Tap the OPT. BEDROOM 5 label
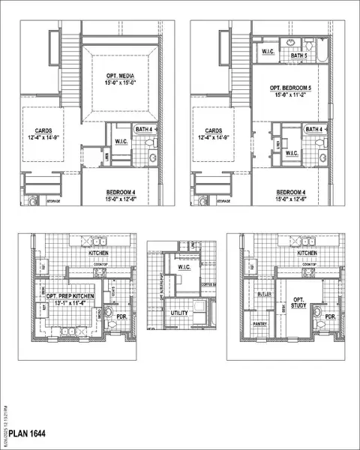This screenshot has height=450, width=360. tap(289, 88)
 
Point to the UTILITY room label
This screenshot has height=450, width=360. tap(178, 313)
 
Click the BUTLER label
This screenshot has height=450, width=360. tap(263, 295)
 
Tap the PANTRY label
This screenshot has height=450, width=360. tap(260, 324)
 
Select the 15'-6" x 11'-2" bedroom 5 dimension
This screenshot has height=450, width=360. tap(289, 95)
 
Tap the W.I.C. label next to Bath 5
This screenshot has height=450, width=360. tap(268, 52)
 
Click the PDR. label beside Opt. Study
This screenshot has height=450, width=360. tap(330, 316)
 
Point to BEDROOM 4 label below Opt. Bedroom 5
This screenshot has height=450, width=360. tap(291, 192)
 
